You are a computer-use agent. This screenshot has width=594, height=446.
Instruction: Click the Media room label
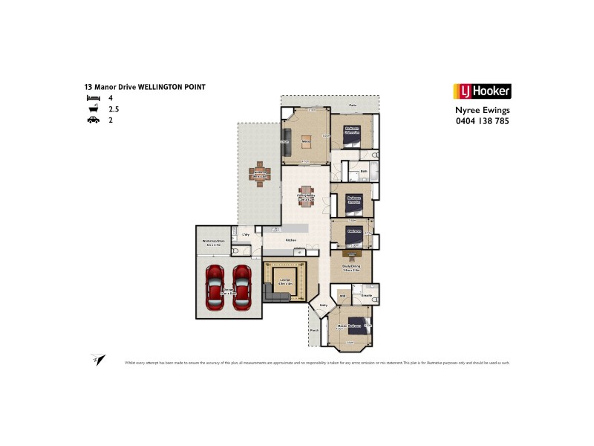point(305,140)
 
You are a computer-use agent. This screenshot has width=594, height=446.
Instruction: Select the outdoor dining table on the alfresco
point(260,175)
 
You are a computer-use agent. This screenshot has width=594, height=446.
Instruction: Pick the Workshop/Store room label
point(213,242)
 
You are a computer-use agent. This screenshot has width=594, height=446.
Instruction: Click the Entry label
point(323,305)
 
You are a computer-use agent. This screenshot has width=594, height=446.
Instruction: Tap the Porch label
point(315,330)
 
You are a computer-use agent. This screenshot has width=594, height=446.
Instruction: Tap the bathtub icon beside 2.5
point(93,108)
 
